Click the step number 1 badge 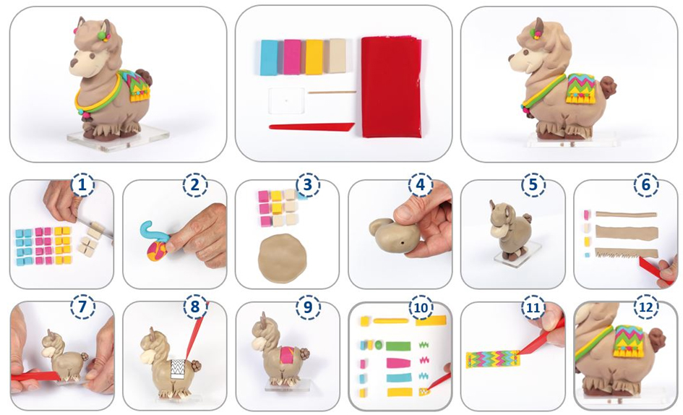coord(82,186)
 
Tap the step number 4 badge coord(421,185)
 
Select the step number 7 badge coord(82,307)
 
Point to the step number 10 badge coord(421,307)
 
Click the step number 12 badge coord(646,307)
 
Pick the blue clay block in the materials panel coord(269,58)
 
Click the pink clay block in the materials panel coord(292,57)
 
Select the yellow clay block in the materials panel coord(314,57)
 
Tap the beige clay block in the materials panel coord(337,56)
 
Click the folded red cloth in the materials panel coord(391,87)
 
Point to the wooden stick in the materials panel coord(332,93)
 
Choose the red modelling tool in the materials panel coord(311,127)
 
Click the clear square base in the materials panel coord(286,100)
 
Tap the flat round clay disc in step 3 coord(283,258)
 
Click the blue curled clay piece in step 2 coord(154,234)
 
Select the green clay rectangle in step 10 coord(398,346)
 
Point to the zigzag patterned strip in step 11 coord(493,359)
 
